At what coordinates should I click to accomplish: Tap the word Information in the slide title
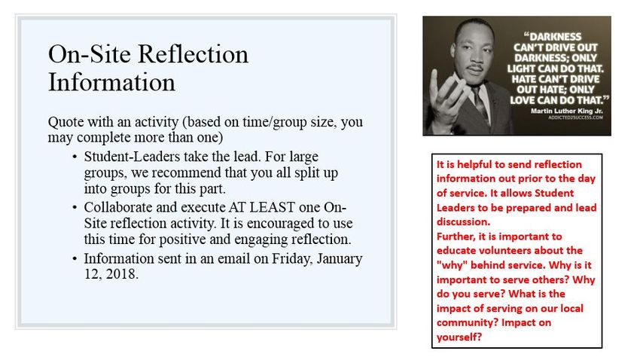point(111,82)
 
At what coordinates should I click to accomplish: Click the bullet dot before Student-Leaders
point(75,157)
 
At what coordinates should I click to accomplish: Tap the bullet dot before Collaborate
point(75,208)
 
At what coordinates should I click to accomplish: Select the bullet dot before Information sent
point(75,259)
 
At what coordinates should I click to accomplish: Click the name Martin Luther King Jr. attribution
point(566,111)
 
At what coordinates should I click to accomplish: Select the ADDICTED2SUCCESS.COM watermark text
point(575,117)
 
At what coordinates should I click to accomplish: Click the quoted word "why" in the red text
point(452,265)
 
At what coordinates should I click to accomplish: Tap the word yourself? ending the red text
point(459,337)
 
